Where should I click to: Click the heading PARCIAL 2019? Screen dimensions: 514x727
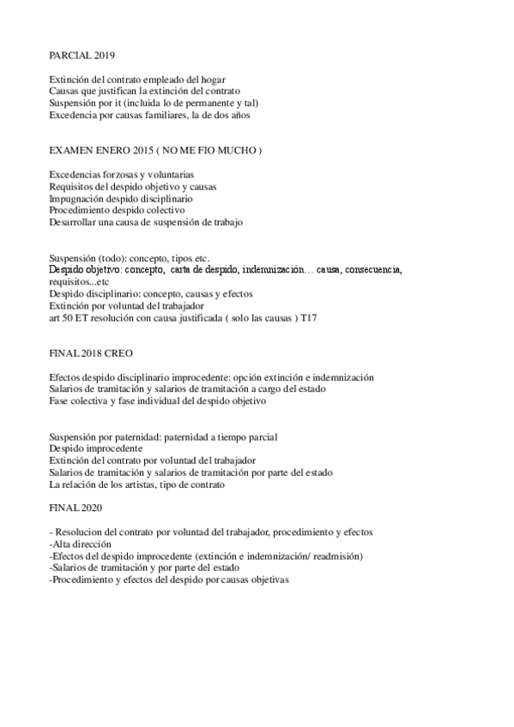click(x=76, y=55)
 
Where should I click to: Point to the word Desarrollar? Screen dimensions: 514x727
click(x=76, y=222)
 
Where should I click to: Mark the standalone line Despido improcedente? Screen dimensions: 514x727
click(x=96, y=448)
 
